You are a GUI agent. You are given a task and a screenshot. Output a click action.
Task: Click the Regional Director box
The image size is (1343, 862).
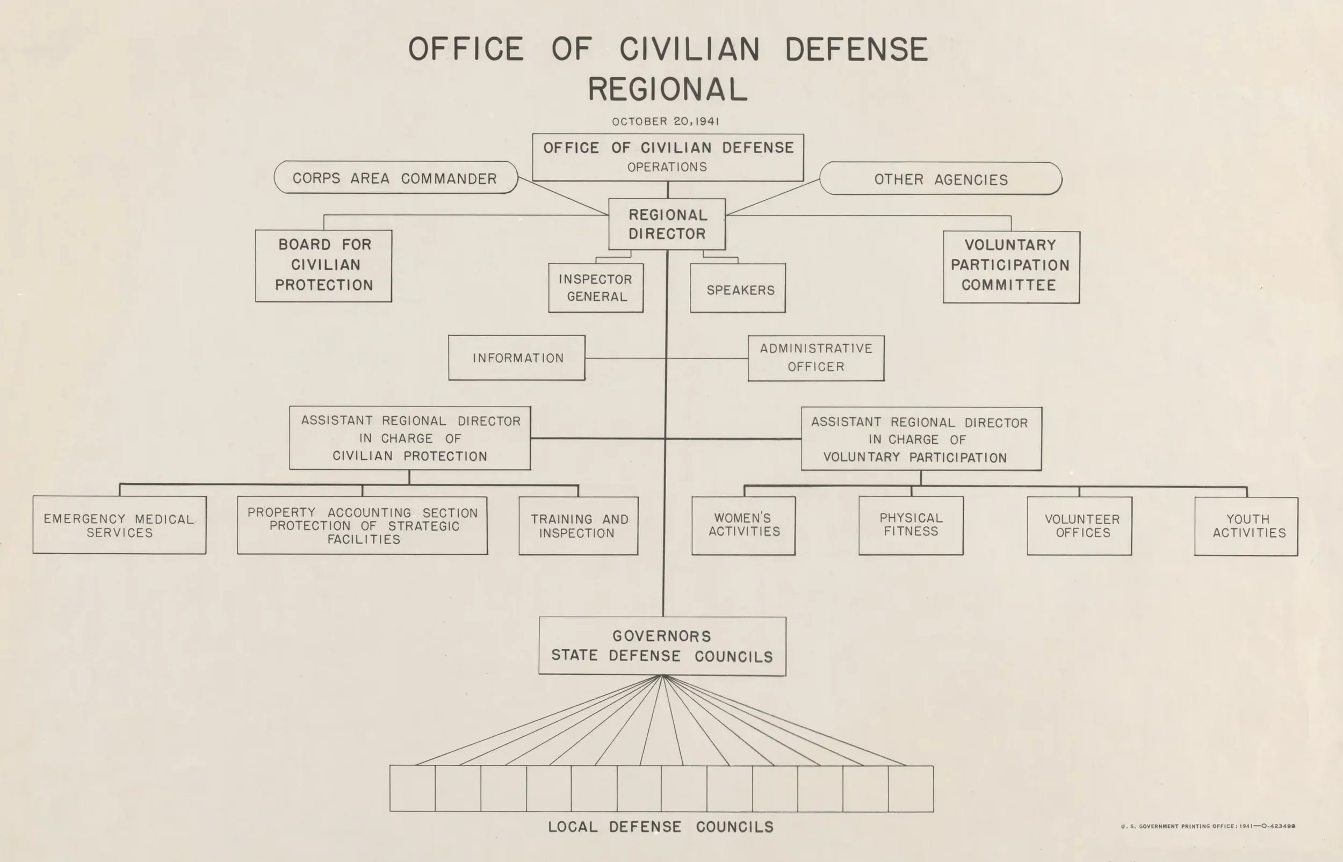(x=667, y=224)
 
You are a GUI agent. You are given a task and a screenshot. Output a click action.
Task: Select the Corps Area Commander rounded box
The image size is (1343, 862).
(x=395, y=178)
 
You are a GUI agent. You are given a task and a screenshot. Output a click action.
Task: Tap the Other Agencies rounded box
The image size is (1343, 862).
(x=941, y=179)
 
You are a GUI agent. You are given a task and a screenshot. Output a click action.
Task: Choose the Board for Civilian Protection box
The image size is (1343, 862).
(x=323, y=265)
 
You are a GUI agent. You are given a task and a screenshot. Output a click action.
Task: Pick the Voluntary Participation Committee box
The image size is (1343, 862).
(x=1011, y=266)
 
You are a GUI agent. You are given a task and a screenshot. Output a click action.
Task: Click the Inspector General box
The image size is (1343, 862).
(x=596, y=288)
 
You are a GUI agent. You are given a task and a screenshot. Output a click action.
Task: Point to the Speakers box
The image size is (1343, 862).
(x=738, y=289)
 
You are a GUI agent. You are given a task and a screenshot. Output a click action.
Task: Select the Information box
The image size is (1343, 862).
(x=517, y=358)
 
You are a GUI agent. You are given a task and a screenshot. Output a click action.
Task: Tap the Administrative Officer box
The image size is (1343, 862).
(x=815, y=358)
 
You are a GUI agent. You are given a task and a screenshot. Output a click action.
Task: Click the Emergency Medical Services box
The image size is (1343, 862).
(x=119, y=525)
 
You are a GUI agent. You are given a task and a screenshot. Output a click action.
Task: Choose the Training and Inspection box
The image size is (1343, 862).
(x=578, y=526)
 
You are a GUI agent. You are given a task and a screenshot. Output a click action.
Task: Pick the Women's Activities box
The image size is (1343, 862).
(x=743, y=525)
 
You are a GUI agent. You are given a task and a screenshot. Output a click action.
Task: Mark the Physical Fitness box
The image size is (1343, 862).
(x=911, y=525)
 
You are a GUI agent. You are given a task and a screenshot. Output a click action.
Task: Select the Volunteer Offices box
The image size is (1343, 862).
(x=1079, y=526)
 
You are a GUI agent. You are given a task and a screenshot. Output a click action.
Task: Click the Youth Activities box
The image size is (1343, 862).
(x=1246, y=526)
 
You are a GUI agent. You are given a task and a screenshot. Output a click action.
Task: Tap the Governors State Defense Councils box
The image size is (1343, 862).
(x=662, y=646)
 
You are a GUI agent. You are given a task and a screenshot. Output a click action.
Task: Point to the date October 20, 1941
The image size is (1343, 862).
(x=665, y=121)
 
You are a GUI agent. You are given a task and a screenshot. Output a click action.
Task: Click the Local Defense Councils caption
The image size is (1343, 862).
(x=661, y=827)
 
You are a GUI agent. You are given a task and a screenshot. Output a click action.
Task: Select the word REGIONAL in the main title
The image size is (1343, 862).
(x=667, y=90)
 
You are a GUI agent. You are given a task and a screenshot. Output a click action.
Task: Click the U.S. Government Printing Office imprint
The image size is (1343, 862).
(x=1208, y=826)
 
